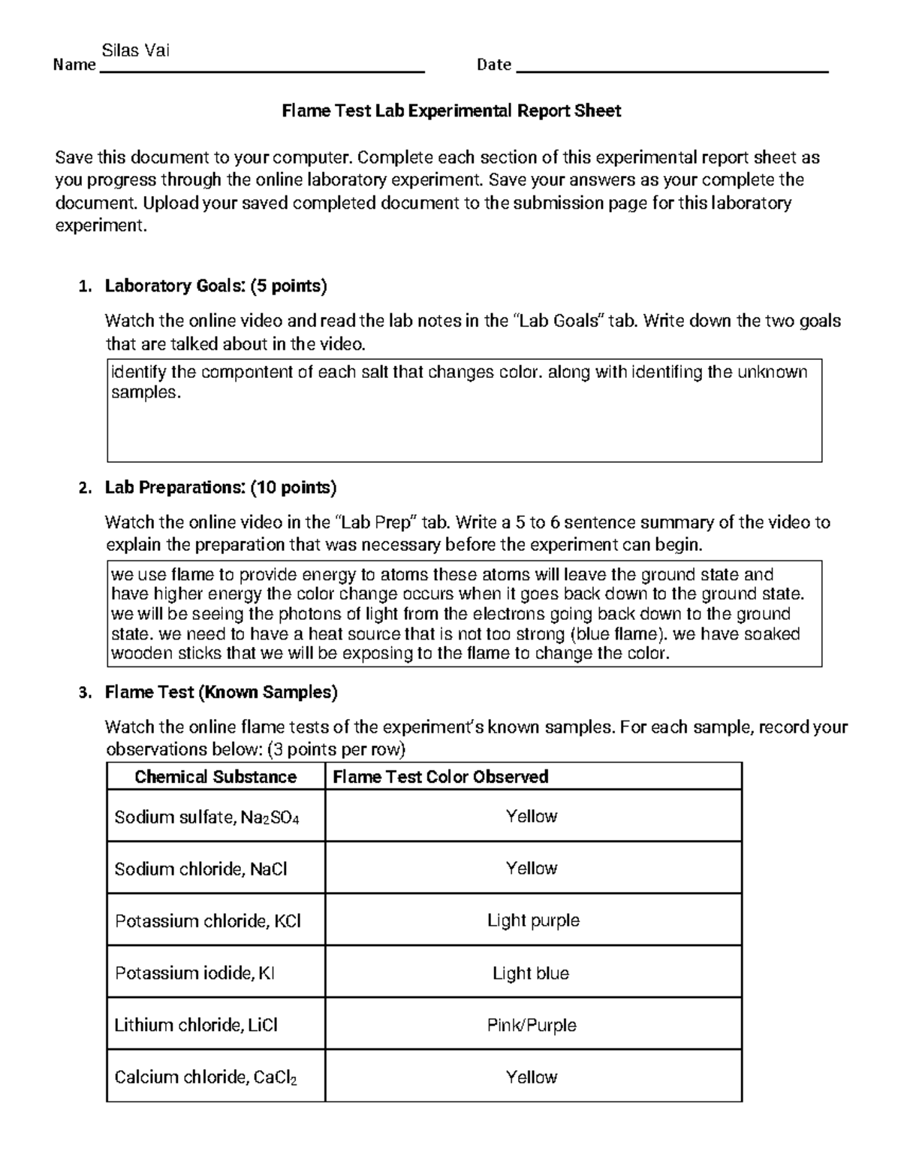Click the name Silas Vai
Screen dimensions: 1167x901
(135, 51)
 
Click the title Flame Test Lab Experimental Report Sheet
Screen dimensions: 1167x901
(450, 111)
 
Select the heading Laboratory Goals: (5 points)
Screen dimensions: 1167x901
(215, 286)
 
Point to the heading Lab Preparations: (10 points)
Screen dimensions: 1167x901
(220, 488)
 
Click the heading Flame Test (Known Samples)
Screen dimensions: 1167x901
(221, 692)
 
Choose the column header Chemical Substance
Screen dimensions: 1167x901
(215, 777)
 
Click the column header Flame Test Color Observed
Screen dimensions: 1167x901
(440, 777)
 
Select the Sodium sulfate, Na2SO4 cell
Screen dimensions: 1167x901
(206, 818)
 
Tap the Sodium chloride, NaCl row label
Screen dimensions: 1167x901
(200, 869)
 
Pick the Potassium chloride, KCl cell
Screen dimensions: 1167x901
(207, 921)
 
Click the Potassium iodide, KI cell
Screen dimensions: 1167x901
(194, 973)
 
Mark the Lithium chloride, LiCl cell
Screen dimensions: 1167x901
(196, 1025)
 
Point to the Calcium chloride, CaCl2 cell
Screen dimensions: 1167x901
(205, 1078)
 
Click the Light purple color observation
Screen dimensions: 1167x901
(533, 921)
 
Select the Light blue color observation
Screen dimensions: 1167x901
(531, 973)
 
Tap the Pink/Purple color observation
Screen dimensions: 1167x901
(532, 1025)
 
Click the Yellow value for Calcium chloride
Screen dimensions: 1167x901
(532, 1077)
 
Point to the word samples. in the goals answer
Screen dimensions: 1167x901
(146, 392)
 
